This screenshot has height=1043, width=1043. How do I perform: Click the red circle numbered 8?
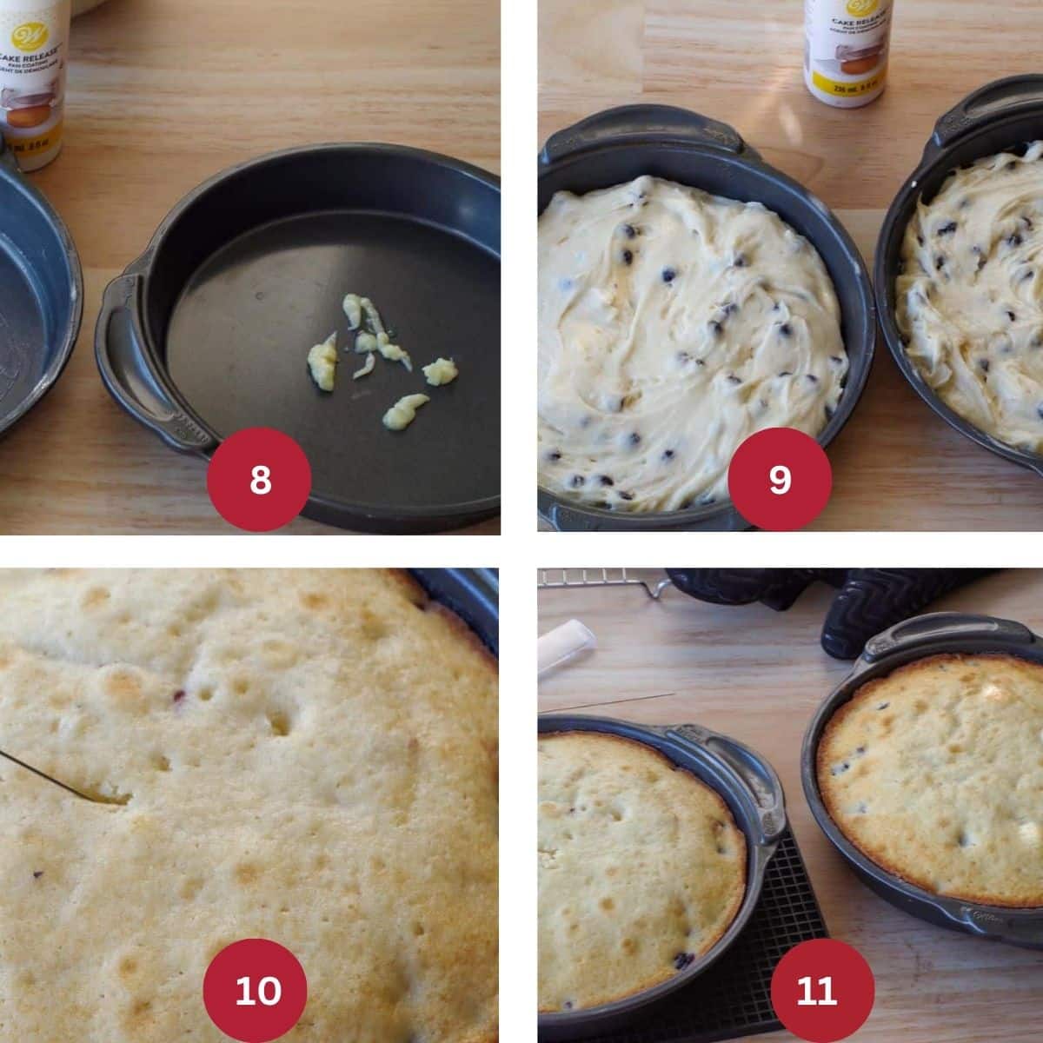point(260,479)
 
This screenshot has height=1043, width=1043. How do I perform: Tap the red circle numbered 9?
point(780,479)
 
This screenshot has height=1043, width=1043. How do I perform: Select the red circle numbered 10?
point(255,990)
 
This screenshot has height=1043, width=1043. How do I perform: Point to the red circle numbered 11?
point(816,990)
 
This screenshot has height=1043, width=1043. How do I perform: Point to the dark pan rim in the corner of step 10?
point(465,600)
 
